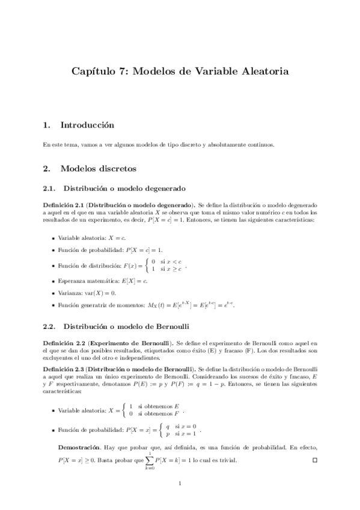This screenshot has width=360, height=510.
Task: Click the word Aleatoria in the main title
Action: click(260, 71)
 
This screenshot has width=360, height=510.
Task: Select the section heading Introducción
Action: click(87, 125)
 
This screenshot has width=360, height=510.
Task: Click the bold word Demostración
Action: click(78, 447)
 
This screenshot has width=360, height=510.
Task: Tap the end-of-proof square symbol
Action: click(314, 461)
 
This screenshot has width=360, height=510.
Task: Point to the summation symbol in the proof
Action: click(150, 461)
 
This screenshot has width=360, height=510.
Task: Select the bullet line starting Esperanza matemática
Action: click(103, 281)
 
